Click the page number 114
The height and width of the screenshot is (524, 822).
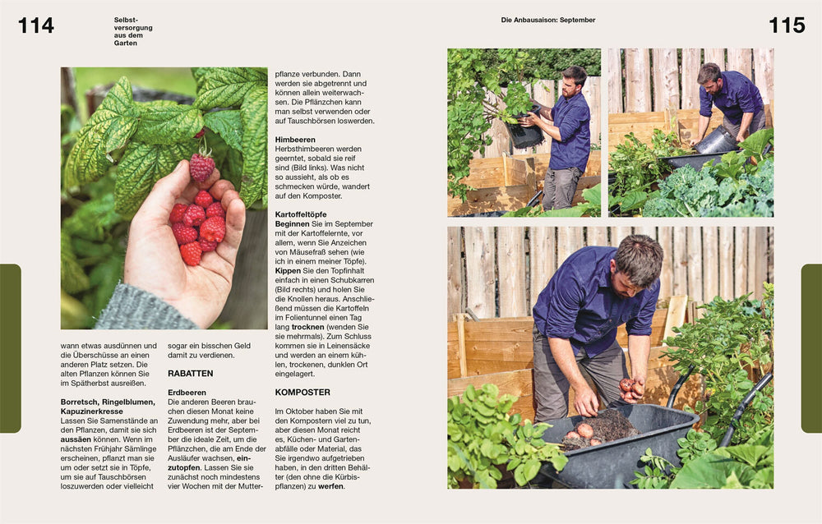pyautogui.click(x=35, y=25)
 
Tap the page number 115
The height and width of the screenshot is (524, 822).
pyautogui.click(x=787, y=25)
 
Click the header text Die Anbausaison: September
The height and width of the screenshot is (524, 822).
pyautogui.click(x=547, y=20)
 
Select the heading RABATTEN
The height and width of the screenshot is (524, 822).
pyautogui.click(x=191, y=374)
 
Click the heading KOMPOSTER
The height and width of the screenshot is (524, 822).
pyautogui.click(x=302, y=393)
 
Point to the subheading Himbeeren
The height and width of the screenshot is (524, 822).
pyautogui.click(x=295, y=140)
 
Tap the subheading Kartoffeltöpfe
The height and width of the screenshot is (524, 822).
pyautogui.click(x=301, y=214)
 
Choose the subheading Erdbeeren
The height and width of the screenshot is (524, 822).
pyautogui.click(x=187, y=393)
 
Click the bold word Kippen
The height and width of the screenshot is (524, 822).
pyautogui.click(x=288, y=271)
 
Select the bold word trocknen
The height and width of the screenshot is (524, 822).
pyautogui.click(x=307, y=327)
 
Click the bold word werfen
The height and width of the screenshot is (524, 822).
pyautogui.click(x=330, y=486)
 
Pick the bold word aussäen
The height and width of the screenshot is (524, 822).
pyautogui.click(x=76, y=439)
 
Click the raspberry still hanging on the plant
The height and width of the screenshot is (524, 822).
pyautogui.click(x=202, y=167)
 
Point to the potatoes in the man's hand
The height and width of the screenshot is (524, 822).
pyautogui.click(x=630, y=388)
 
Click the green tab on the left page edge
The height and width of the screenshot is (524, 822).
pyautogui.click(x=11, y=348)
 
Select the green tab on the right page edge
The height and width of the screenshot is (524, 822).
pyautogui.click(x=811, y=348)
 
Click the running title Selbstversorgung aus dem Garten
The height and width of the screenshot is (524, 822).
pyautogui.click(x=133, y=31)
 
